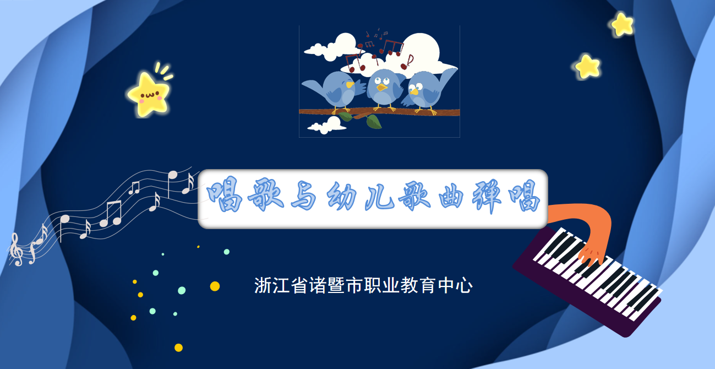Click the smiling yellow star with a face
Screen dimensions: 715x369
149,94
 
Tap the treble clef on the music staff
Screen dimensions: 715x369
16,249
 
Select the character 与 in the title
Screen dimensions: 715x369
303,195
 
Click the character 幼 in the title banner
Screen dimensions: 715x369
342,195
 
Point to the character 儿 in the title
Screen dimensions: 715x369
379,196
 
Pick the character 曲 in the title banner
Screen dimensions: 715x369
451,196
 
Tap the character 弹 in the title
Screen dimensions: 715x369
487,196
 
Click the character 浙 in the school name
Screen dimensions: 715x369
263,285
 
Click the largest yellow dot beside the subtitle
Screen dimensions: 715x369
215,286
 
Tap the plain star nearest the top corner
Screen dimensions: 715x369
622,25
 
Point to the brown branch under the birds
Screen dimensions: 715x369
379,112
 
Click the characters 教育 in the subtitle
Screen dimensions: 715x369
418,285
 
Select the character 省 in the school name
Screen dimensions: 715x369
299,285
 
